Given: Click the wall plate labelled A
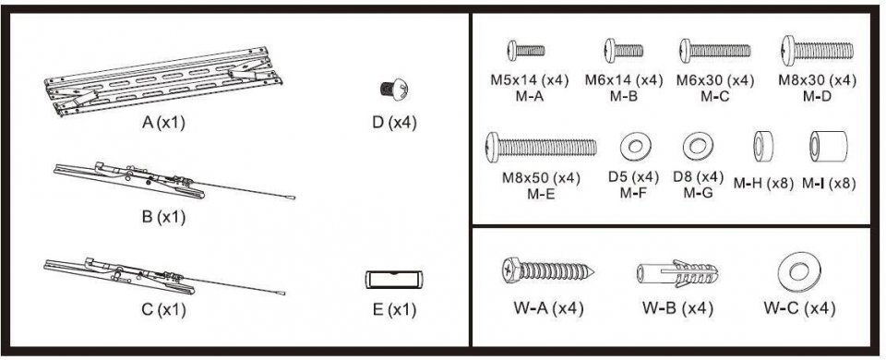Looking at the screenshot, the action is pos(163,81).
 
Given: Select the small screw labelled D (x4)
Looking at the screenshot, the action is pos(393,89).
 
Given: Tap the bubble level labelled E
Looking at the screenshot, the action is pos(394,279).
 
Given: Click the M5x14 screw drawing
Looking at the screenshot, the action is pos(526,50).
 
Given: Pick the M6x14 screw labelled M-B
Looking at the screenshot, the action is pos(623,50).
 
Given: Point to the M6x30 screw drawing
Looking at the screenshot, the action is pos(715,50).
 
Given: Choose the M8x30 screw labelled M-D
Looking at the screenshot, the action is pos(818,50).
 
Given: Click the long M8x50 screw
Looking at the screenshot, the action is pos(541,147).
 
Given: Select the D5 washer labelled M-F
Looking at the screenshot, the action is pos(635,147).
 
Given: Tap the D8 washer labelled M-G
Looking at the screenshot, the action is pos(698,147).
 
